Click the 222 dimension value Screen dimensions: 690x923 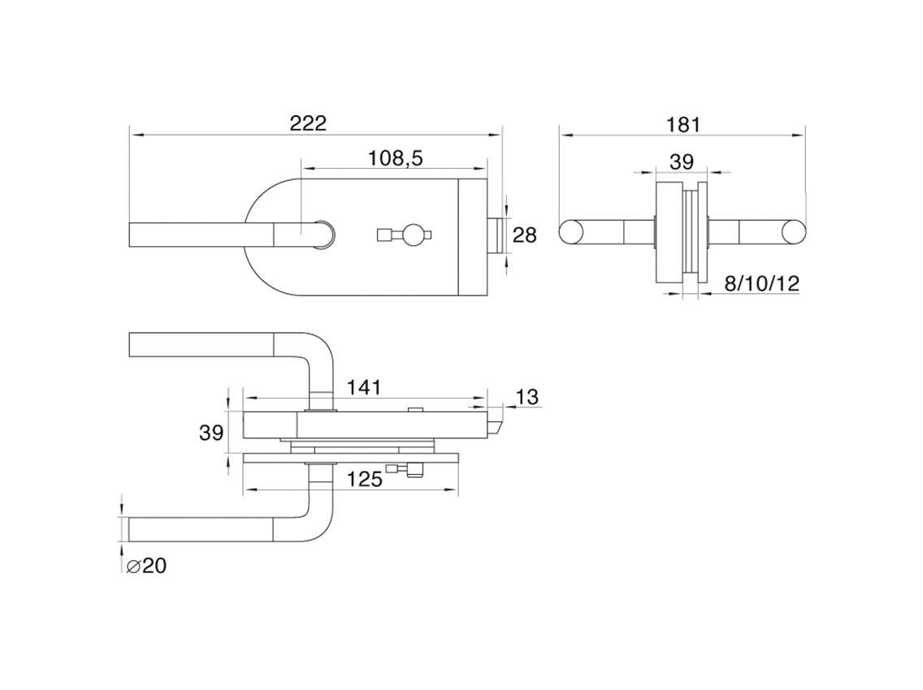pos(308,123)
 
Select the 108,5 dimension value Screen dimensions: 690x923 pos(395,158)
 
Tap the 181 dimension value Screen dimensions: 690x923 pos(683,124)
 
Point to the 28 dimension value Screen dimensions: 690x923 pos(525,235)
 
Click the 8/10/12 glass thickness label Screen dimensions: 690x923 pos(761,283)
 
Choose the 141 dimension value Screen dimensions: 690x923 pos(363,387)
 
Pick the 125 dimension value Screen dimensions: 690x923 pos(363,480)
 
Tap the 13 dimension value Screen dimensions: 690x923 pos(526,397)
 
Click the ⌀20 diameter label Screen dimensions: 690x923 pos(146,566)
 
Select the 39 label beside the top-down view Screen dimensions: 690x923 pos(211,433)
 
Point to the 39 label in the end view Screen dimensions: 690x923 pos(682,162)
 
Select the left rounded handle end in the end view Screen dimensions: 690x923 pos(571,231)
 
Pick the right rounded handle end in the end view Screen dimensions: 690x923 pos(794,231)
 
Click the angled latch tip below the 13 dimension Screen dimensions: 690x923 pos(495,425)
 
